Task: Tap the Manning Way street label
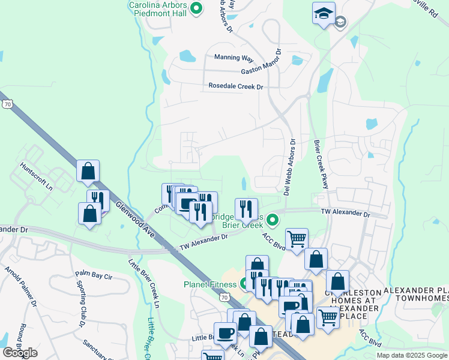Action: [x=234, y=58]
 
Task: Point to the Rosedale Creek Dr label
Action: [x=236, y=86]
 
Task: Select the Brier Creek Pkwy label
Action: [x=321, y=164]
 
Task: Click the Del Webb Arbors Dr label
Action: [x=289, y=167]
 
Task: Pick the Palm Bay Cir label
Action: [x=94, y=275]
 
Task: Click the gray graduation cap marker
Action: [x=340, y=22]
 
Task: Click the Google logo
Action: [x=20, y=353]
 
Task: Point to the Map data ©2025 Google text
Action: [x=412, y=355]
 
